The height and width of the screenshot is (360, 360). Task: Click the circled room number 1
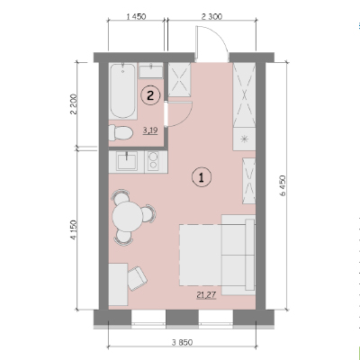202,177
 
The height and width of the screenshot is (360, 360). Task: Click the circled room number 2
150,95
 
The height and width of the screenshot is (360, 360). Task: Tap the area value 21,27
206,295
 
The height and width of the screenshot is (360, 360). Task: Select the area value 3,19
150,130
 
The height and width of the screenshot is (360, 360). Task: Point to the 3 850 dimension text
182,342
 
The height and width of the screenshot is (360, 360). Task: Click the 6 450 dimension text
283,185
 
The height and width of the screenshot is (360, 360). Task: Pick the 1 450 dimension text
136,16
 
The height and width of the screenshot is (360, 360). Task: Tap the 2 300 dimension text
211,16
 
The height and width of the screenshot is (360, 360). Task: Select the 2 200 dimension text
74,104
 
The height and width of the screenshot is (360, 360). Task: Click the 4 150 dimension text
74,230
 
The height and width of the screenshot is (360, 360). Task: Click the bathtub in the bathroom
122,91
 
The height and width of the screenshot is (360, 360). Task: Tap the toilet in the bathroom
121,132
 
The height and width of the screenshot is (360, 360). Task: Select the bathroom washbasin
151,71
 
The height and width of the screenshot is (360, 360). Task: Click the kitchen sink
128,161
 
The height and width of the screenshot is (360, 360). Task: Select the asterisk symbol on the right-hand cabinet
245,139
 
